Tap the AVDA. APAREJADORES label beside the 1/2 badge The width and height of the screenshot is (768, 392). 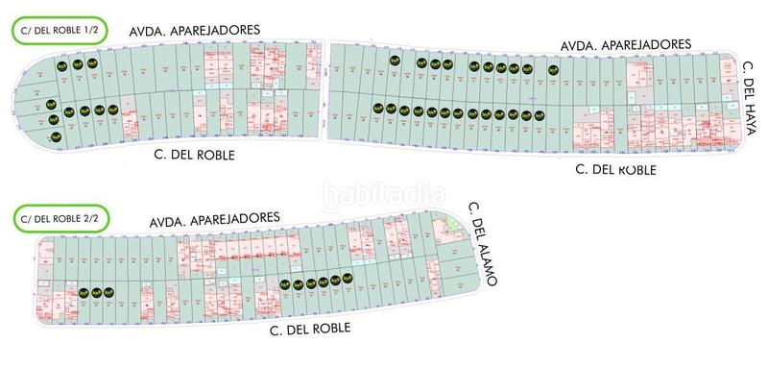195,31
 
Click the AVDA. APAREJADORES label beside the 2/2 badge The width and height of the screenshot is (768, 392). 214,220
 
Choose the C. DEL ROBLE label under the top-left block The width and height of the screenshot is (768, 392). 194,154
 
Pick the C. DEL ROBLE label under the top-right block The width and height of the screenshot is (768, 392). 614,169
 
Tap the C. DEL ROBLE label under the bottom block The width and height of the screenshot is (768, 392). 308,328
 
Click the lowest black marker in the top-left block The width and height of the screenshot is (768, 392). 54,121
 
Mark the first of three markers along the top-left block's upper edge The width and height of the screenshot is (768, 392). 60,64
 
